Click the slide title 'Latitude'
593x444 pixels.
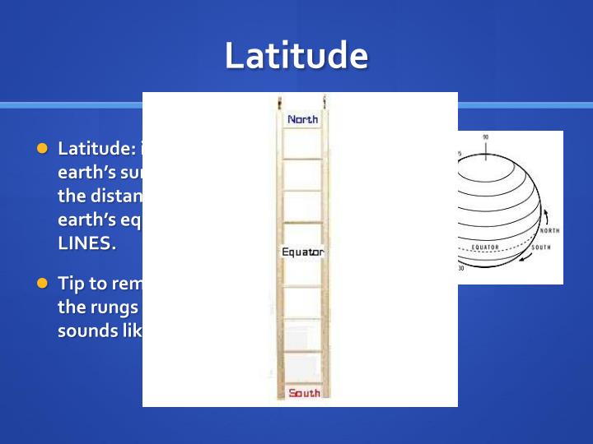tap(296, 55)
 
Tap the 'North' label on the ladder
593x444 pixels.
tap(302, 119)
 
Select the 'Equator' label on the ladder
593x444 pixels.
tap(302, 252)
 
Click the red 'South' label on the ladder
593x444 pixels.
tap(304, 393)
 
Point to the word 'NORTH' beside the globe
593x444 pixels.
tap(549, 231)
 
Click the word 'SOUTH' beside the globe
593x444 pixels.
tap(541, 247)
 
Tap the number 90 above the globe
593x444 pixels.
tap(485, 137)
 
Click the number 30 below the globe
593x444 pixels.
tap(460, 268)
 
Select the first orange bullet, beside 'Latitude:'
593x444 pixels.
tap(43, 149)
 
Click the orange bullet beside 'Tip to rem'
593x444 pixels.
tap(43, 283)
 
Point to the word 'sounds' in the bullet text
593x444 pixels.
tap(85, 331)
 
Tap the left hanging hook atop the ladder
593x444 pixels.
tap(281, 103)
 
